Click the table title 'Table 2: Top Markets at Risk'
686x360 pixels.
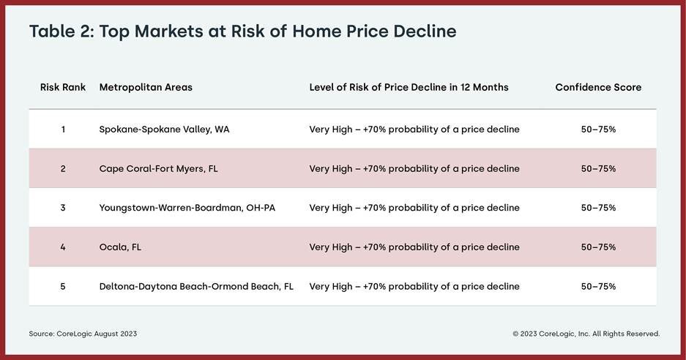coord(242,31)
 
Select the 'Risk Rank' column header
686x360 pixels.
coord(63,87)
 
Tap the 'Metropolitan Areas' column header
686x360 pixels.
coord(146,87)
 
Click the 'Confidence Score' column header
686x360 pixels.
coord(598,87)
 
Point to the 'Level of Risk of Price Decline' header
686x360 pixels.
coord(409,87)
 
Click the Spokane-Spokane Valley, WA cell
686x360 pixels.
coord(164,130)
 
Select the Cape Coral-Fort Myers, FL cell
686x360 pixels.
coord(158,168)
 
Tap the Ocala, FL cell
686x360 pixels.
coord(120,247)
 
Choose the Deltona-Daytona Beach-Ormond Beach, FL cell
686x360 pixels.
coord(196,286)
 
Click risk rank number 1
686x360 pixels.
coord(63,130)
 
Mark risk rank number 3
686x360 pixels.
coord(63,208)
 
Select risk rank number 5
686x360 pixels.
coord(63,286)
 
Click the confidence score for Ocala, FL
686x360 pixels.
coord(598,247)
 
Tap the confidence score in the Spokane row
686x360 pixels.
coord(598,130)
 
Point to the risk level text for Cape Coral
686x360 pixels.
coord(414,168)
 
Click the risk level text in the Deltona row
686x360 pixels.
coord(414,286)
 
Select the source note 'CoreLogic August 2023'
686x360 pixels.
coord(83,334)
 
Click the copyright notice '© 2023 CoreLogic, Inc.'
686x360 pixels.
coord(586,334)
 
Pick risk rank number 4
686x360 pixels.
coord(63,247)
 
